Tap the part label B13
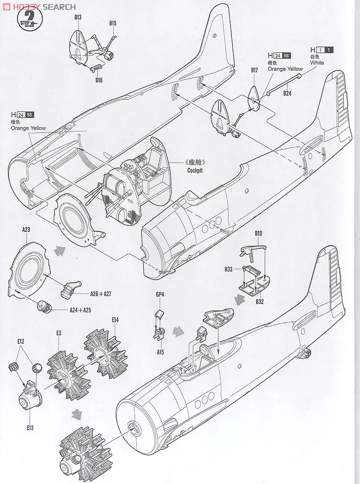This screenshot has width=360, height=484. (78, 17)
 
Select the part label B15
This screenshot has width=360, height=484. (113, 23)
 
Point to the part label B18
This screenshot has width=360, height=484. (99, 80)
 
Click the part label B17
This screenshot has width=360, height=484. (254, 70)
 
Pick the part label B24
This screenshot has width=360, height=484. (287, 93)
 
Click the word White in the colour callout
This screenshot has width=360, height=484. (317, 63)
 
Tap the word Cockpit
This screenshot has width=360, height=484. (194, 171)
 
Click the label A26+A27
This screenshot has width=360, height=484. (101, 294)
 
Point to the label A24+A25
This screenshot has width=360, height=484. (80, 310)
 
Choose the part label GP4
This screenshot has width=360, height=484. (160, 295)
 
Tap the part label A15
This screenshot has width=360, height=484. (160, 350)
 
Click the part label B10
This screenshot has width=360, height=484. (258, 233)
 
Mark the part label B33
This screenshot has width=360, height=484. (229, 269)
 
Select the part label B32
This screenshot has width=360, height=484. (259, 302)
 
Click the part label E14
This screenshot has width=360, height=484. (115, 320)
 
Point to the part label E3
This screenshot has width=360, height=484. (58, 333)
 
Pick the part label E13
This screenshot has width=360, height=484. (30, 428)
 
